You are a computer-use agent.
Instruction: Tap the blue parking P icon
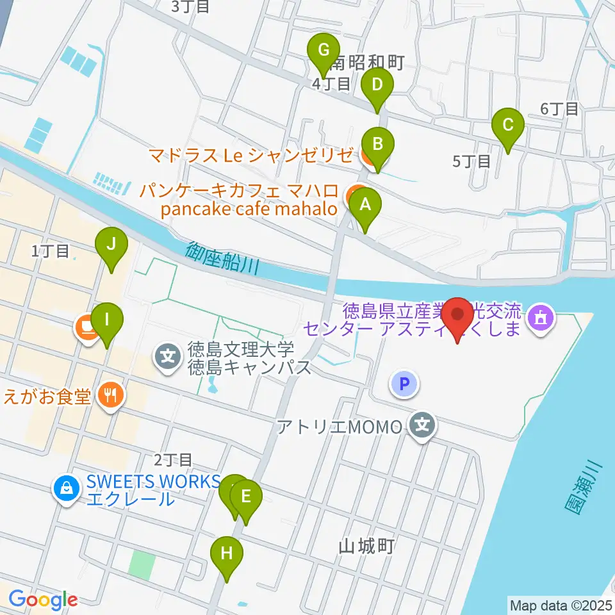pos(404,384)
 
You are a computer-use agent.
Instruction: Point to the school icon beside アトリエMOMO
pos(422,425)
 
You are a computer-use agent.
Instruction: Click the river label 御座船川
pos(223,258)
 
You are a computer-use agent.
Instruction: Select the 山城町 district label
pos(366,546)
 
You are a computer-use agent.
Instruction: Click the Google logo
pos(43,600)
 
